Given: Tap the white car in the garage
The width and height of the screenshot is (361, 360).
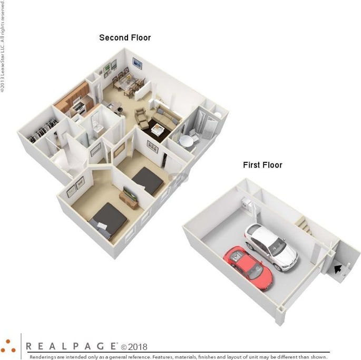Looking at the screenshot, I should [270, 246].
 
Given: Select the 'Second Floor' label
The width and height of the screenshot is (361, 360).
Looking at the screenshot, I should [125, 38].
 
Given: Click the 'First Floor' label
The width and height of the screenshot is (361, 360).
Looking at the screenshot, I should [262, 165].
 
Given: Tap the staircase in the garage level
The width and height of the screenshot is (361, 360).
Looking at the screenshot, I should [305, 226].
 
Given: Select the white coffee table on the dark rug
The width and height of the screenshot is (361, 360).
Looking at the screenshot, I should [158, 128].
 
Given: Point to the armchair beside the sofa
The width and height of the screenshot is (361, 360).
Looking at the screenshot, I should [142, 118].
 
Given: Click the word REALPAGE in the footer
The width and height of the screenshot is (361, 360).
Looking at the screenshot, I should [72, 346].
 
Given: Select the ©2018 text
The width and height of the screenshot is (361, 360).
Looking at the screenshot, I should [134, 347].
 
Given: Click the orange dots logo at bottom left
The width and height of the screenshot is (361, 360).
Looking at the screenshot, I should [8, 345].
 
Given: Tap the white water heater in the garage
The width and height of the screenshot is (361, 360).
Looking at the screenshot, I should [245, 204].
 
